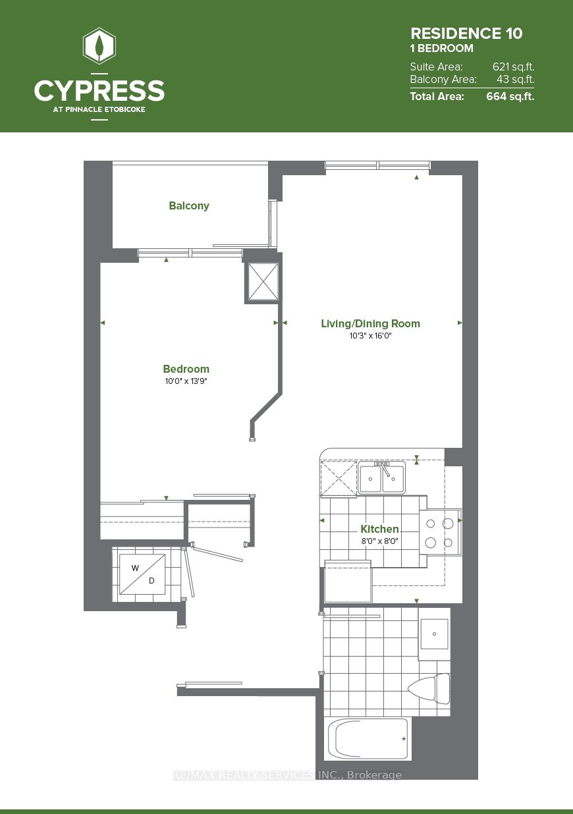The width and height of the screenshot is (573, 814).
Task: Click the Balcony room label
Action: [189, 205]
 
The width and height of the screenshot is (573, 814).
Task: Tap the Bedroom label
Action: [186, 369]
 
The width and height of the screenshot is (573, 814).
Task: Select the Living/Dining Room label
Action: [370, 323]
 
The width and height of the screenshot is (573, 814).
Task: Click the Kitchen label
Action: [379, 529]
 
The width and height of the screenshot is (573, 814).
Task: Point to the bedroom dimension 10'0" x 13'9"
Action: [186, 381]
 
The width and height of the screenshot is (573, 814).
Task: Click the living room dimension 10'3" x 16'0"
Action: [370, 336]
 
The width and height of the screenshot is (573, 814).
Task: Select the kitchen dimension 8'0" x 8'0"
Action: [379, 541]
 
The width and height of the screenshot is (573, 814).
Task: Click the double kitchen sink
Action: [382, 478]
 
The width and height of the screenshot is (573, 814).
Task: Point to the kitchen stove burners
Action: [440, 533]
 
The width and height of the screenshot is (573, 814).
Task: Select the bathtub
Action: [368, 738]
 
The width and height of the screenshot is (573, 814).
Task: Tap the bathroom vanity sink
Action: [434, 634]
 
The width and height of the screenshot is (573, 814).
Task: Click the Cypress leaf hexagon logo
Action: [99, 46]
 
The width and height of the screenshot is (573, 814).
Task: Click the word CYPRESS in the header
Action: [99, 90]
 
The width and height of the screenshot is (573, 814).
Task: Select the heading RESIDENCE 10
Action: [466, 34]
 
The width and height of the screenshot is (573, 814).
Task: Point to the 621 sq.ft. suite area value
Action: [513, 67]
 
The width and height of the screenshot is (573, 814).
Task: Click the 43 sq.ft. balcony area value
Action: [515, 80]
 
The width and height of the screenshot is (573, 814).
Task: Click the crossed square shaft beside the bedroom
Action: [262, 282]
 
